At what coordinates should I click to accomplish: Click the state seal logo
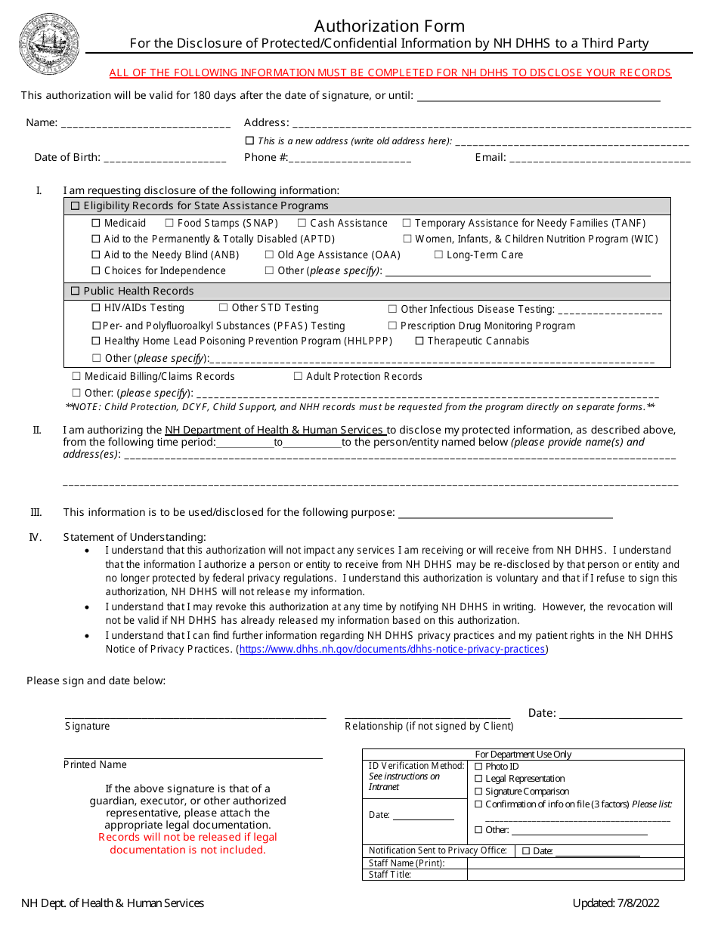tap(50, 43)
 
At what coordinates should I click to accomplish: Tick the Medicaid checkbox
tap(96, 224)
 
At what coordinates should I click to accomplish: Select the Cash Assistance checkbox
tap(302, 224)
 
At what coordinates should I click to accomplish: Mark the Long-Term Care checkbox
tap(438, 255)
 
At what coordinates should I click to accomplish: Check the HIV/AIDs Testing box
tap(96, 308)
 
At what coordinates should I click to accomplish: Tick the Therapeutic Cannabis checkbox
tap(419, 341)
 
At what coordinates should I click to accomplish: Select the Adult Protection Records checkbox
tap(298, 377)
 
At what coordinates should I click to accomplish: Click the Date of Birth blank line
tap(165, 159)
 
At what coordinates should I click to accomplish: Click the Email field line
tap(600, 159)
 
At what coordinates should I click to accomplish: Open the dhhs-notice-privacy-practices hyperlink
tap(392, 650)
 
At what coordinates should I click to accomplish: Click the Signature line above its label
tap(196, 716)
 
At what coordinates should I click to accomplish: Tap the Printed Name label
tap(95, 765)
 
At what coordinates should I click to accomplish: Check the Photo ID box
tap(478, 767)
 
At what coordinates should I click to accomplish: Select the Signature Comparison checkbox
tap(478, 792)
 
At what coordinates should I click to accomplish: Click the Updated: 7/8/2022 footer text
tap(616, 903)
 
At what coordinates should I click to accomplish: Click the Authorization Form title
tap(389, 26)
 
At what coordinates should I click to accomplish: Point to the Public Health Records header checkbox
tap(76, 292)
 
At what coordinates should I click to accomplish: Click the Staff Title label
tap(390, 875)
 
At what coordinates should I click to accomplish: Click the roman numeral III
tap(36, 513)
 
